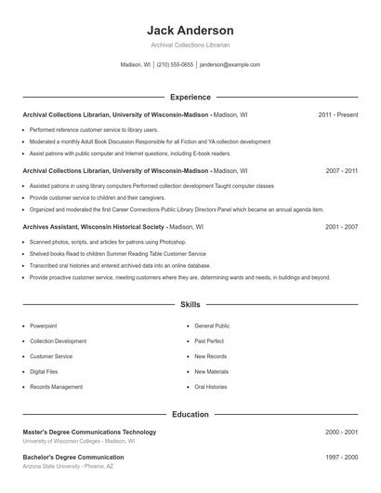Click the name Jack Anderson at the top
tap(190, 31)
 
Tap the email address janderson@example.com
tap(230, 65)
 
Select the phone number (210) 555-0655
tap(175, 65)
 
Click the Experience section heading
tap(190, 97)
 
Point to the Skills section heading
tap(190, 304)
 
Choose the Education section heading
tap(190, 414)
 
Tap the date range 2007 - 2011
tap(341, 171)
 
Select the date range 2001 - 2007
tap(341, 227)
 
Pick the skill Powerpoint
tap(43, 326)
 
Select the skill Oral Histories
tap(211, 386)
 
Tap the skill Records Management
tap(56, 386)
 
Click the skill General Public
tap(212, 326)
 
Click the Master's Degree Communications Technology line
tap(89, 432)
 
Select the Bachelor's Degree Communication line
tap(73, 458)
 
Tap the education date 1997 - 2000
tap(341, 458)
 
